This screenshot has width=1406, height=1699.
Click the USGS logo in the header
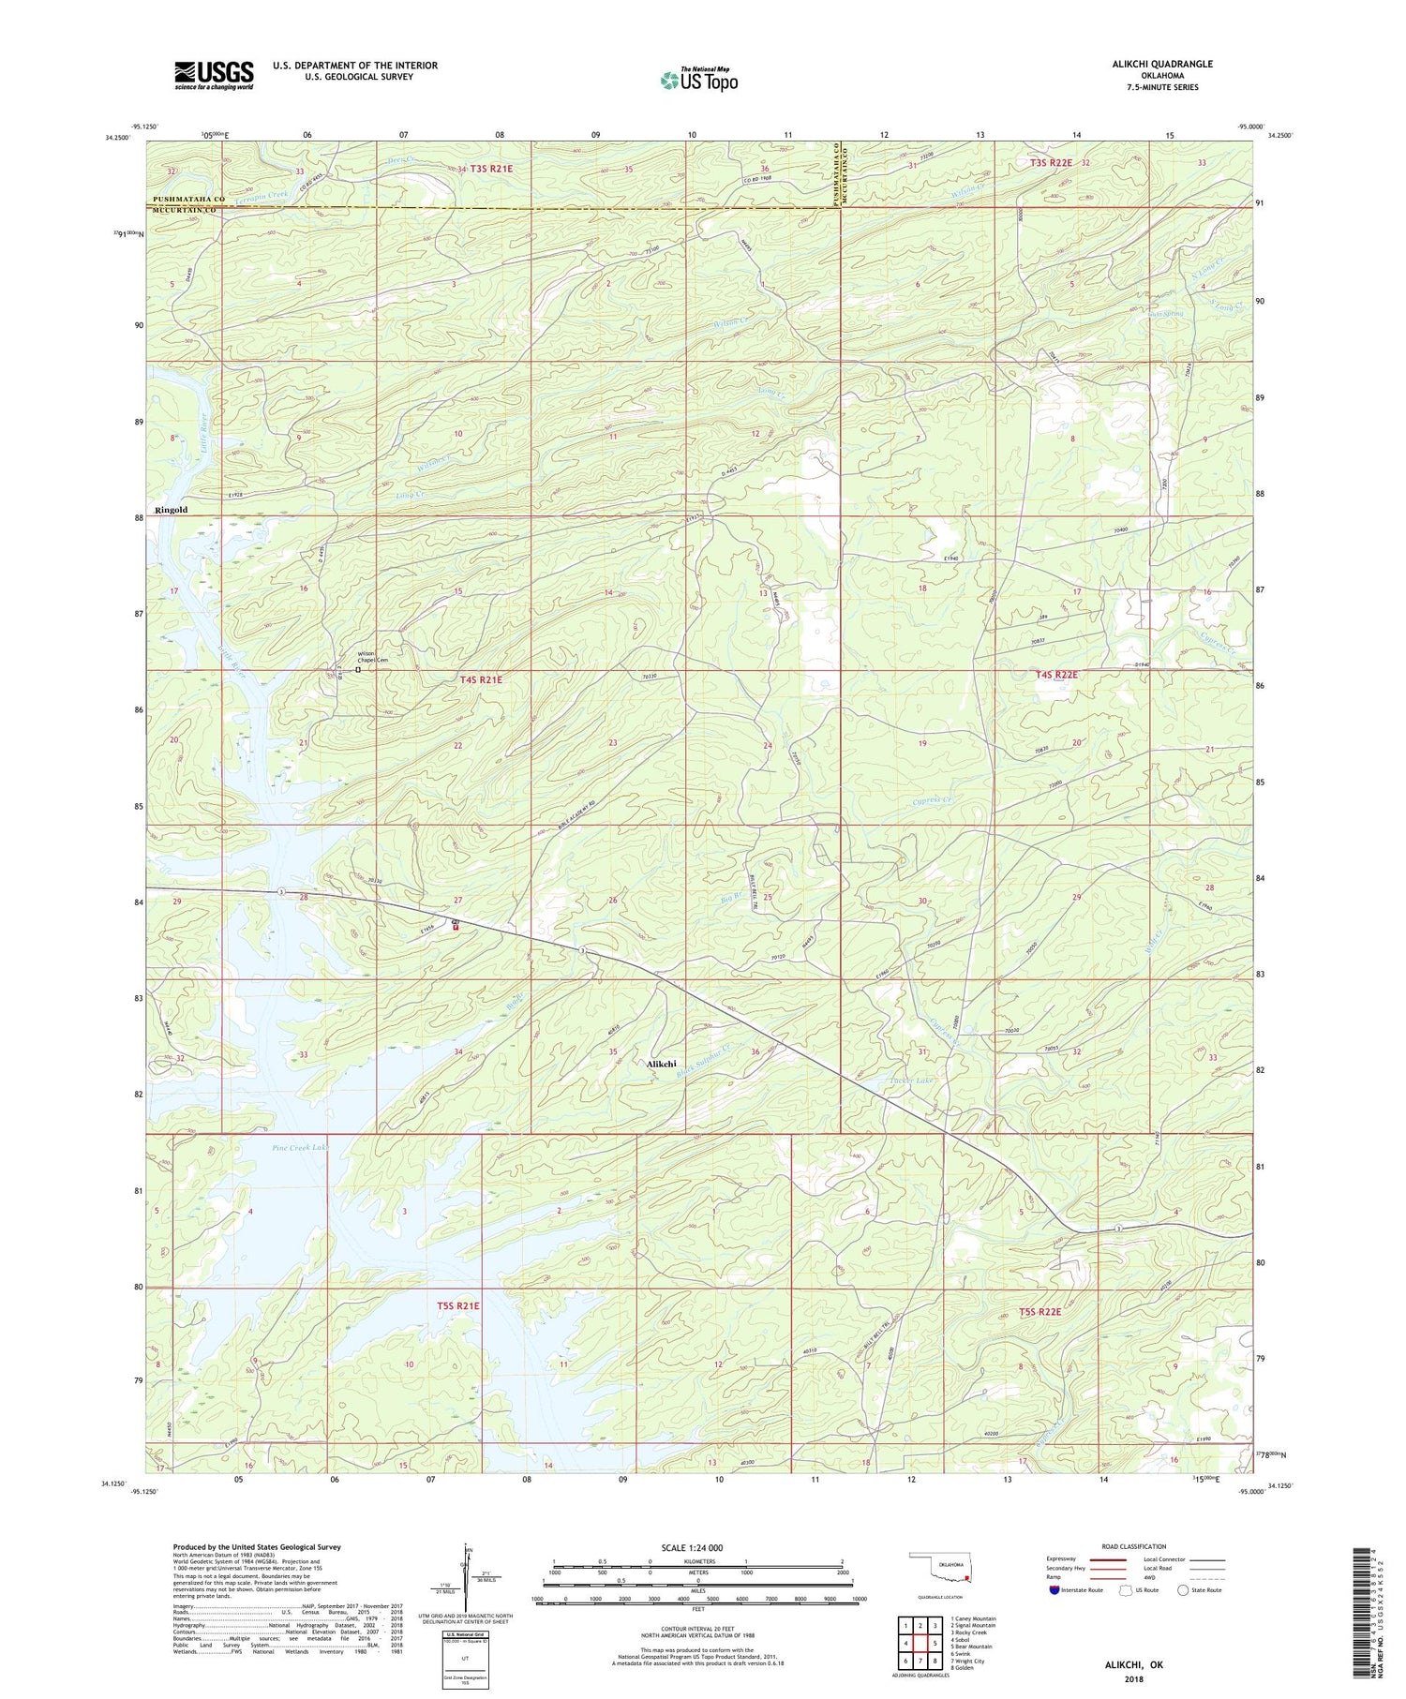pyautogui.click(x=214, y=75)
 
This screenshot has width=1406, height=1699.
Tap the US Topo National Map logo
pyautogui.click(x=698, y=80)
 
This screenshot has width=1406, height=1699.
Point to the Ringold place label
pyautogui.click(x=172, y=511)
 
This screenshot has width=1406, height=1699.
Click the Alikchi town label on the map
pyautogui.click(x=662, y=1064)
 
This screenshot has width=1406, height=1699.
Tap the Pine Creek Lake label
pyautogui.click(x=300, y=1147)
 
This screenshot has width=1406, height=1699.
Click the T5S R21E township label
pyautogui.click(x=458, y=1305)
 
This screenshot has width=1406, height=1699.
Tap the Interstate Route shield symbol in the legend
pyautogui.click(x=1054, y=1589)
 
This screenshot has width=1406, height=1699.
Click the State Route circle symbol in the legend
pyautogui.click(x=1184, y=1589)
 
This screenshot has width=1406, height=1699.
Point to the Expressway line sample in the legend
pyautogui.click(x=1108, y=1559)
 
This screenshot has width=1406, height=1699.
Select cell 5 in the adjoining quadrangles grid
pyautogui.click(x=935, y=1643)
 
